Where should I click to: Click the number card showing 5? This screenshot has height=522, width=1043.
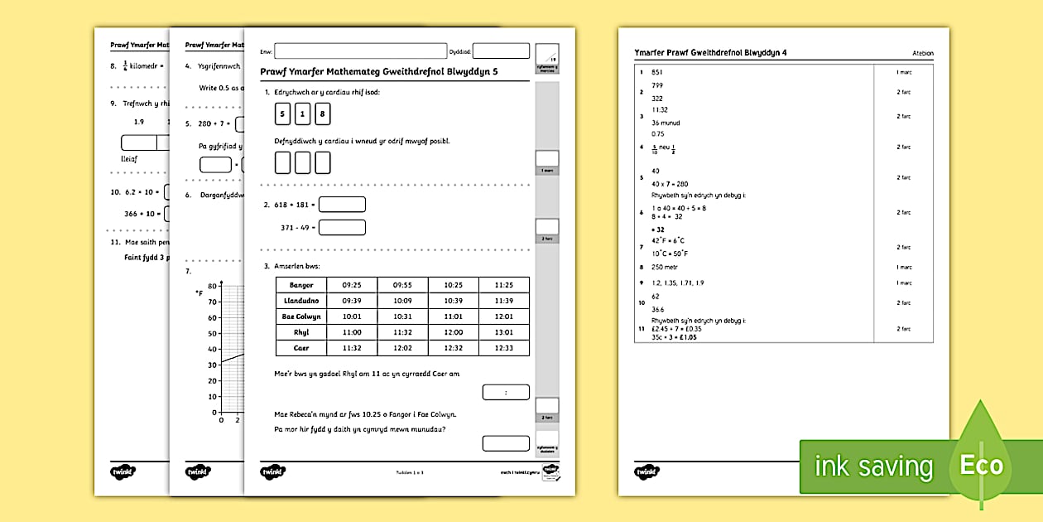pos(283,114)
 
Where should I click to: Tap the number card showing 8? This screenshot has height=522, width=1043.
pos(323,114)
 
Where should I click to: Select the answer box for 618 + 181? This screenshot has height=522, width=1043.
pos(342,204)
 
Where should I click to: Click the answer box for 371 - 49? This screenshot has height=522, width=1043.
pos(342,227)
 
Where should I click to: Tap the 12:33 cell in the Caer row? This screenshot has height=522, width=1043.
pos(504,348)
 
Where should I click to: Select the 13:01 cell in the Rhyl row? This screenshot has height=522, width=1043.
pos(504,332)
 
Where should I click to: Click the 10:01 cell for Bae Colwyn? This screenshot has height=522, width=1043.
pos(351,317)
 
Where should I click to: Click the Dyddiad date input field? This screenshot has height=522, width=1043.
pos(500,51)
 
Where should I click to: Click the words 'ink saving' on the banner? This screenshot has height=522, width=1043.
pos(873,466)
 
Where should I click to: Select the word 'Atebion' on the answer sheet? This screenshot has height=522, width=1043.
pos(922,54)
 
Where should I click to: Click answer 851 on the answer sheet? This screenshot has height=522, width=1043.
pos(657,72)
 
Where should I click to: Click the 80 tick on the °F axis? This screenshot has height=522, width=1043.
pos(213,286)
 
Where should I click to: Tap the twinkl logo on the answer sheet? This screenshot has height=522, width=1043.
pos(647,471)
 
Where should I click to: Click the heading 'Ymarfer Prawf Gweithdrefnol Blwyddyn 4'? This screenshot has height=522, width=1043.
pos(710,53)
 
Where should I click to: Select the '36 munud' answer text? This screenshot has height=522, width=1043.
pos(666,123)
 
